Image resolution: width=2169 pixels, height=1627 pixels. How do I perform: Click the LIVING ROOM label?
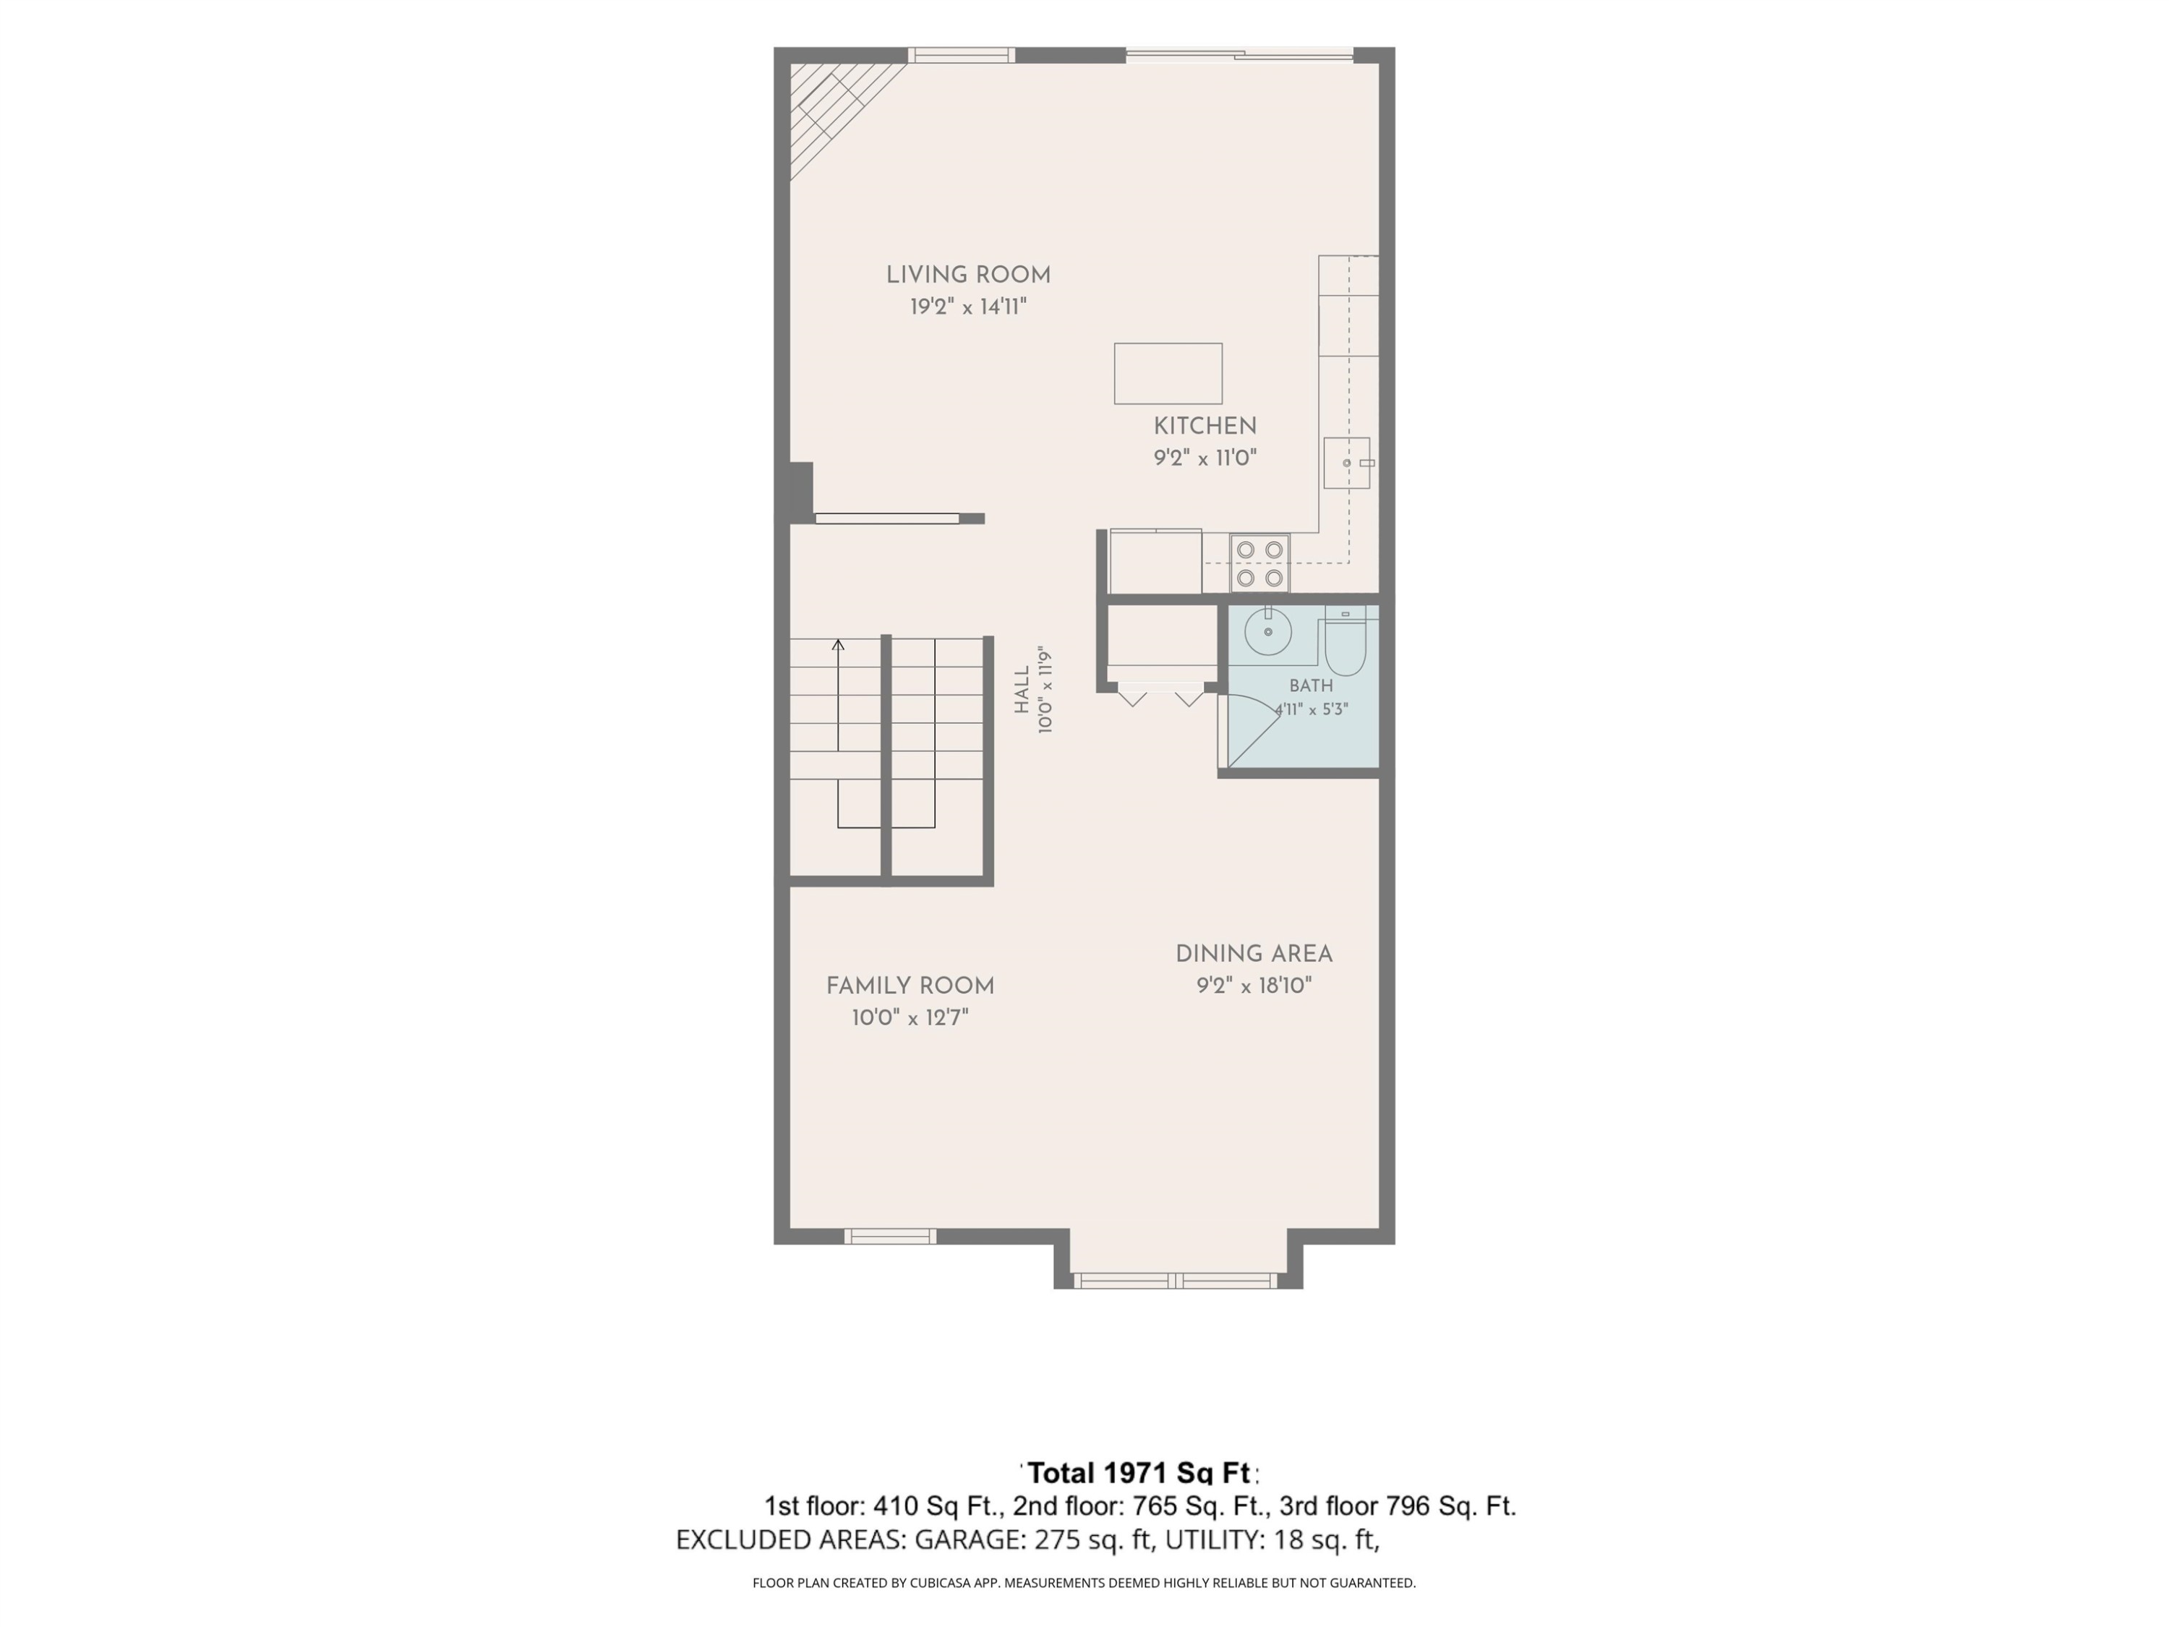coord(968,276)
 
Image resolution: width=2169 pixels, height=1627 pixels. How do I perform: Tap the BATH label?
coord(1311,686)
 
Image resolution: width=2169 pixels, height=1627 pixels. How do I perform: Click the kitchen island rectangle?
coord(1168,374)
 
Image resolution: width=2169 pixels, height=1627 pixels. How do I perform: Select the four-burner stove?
coord(1260,564)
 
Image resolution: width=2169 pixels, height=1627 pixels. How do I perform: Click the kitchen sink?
coord(1346,463)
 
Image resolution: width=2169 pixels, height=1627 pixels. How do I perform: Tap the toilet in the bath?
coord(1346,641)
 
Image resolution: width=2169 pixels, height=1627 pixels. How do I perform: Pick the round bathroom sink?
coord(1268,631)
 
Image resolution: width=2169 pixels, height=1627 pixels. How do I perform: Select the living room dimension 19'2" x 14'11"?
coord(968,307)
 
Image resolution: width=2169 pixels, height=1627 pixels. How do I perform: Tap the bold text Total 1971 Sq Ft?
coord(1139,1473)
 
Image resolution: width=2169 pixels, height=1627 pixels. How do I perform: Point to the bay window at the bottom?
coord(1175,1280)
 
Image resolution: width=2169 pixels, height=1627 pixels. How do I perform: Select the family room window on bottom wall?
coord(890,1237)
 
